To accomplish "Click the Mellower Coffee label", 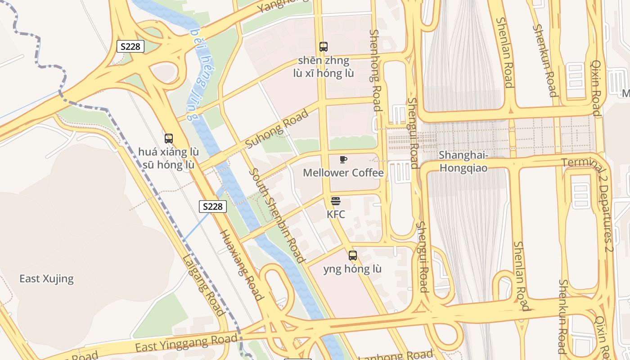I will click(x=343, y=173).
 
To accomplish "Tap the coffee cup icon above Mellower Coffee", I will click(x=343, y=160).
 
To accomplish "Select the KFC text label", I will click(x=336, y=214).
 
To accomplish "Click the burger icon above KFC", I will click(x=336, y=201).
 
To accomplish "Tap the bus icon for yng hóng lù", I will click(x=353, y=256).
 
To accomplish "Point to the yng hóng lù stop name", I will click(x=352, y=269).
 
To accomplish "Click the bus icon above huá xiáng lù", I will click(x=169, y=139).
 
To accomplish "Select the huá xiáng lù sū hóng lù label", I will click(x=169, y=158).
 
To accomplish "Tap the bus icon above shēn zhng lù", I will click(x=324, y=46).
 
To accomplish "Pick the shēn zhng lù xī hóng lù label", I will click(x=324, y=67).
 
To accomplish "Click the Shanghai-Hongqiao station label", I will click(x=463, y=162).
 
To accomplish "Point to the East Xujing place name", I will click(x=46, y=279).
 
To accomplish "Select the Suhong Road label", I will click(x=277, y=129).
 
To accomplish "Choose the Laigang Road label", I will click(x=203, y=285).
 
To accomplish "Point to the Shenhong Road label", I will click(x=375, y=70).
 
